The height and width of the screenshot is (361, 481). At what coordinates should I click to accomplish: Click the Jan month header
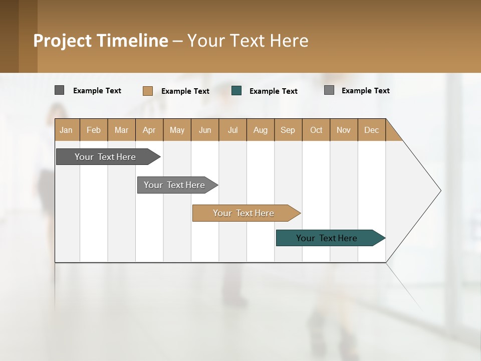tap(67, 130)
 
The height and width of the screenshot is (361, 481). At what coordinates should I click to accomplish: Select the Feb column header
tap(94, 130)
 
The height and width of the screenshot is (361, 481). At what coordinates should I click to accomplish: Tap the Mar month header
tap(121, 130)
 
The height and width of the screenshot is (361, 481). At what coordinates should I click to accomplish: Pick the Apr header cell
tap(149, 130)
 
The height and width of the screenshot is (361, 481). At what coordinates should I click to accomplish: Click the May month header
tap(177, 130)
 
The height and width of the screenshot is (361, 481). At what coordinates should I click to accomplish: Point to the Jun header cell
tap(205, 130)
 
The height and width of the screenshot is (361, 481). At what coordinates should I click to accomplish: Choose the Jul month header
tap(232, 130)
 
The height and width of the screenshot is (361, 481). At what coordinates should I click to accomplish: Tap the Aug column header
tap(261, 130)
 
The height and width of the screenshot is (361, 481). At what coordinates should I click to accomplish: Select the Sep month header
tap(288, 130)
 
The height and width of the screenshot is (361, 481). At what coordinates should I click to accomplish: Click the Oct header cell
tap(316, 130)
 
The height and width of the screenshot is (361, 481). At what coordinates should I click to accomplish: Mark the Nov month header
tap(344, 130)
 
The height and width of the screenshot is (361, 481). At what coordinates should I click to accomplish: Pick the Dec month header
tap(372, 130)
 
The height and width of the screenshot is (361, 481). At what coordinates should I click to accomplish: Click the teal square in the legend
tap(236, 91)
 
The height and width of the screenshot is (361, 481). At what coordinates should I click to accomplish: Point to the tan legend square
tap(147, 91)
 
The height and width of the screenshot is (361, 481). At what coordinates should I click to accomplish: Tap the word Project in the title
tap(63, 41)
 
